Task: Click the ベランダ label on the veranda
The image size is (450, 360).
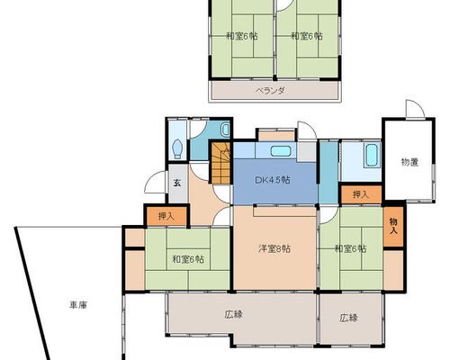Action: [270, 90]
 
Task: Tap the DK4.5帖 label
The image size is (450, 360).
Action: [273, 180]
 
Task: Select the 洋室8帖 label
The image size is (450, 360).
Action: [274, 248]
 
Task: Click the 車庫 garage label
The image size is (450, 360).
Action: [78, 305]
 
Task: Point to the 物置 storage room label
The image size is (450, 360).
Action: [409, 162]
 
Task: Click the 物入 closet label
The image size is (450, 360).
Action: [393, 226]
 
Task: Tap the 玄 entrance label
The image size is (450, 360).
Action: [177, 183]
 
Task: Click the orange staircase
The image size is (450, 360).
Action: [221, 163]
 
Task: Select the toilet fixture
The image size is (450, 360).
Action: [178, 148]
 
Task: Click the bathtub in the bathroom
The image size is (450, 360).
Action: [372, 156]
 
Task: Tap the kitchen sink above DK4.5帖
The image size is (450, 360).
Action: [281, 151]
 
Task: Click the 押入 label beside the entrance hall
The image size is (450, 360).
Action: [166, 216]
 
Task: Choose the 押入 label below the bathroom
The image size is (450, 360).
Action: [361, 194]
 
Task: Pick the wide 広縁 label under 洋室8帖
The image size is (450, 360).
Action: [233, 315]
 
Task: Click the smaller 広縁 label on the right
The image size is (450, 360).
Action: [348, 318]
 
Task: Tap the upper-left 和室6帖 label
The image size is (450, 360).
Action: [242, 36]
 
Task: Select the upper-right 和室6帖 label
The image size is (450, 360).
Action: [307, 36]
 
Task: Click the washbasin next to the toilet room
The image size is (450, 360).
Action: [225, 130]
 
